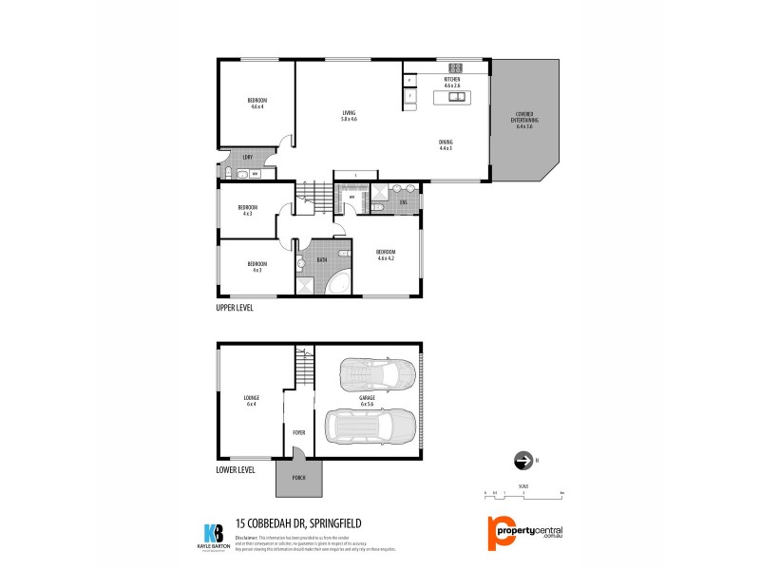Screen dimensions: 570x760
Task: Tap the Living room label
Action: [x=349, y=116]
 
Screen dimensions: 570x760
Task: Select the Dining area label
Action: [x=446, y=145]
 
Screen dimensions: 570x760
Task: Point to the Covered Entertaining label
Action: [x=526, y=121]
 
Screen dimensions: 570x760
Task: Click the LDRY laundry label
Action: [x=247, y=157]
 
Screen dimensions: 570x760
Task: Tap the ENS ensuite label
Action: [x=403, y=202]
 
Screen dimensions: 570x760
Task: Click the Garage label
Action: [x=368, y=402]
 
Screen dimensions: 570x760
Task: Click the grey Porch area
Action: [x=298, y=479]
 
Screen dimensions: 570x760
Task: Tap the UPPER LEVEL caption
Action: [x=235, y=309]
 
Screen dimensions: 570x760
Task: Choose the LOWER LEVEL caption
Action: [x=236, y=468]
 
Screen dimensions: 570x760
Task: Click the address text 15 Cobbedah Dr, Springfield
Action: [x=302, y=522]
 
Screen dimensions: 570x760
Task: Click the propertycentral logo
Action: [x=527, y=532]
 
